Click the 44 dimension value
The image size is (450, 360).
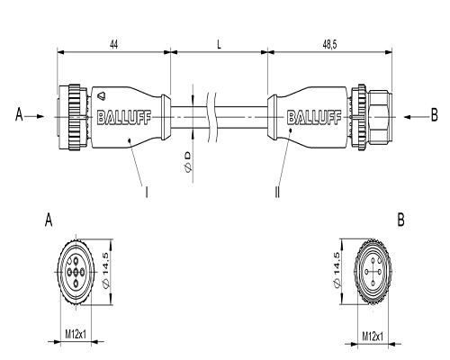pyautogui.click(x=113, y=45)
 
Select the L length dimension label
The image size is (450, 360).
pyautogui.click(x=219, y=45)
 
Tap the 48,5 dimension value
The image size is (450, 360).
pyautogui.click(x=329, y=45)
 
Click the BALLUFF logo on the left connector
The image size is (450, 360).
pyautogui.click(x=124, y=117)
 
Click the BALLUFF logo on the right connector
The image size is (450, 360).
pyautogui.click(x=314, y=117)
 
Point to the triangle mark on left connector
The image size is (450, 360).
pyautogui.click(x=101, y=95)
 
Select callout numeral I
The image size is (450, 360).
pyautogui.click(x=147, y=192)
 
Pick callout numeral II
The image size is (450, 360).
pyautogui.click(x=277, y=192)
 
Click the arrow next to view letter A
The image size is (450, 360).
pyautogui.click(x=34, y=116)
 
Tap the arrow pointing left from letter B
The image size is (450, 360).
pyautogui.click(x=416, y=117)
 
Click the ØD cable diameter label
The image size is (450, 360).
pyautogui.click(x=187, y=162)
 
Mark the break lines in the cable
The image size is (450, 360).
pyautogui.click(x=211, y=117)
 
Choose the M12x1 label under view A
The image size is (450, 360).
pyautogui.click(x=76, y=334)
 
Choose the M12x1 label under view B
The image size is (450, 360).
pyautogui.click(x=373, y=336)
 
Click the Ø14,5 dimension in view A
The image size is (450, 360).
pyautogui.click(x=106, y=271)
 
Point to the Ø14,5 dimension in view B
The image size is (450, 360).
pyautogui.click(x=337, y=269)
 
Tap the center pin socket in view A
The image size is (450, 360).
pyautogui.click(x=76, y=272)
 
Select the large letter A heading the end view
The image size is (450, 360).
pyautogui.click(x=49, y=220)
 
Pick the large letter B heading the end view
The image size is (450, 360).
pyautogui.click(x=400, y=220)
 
